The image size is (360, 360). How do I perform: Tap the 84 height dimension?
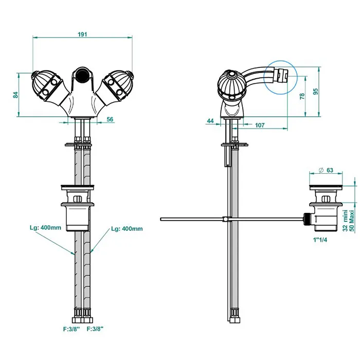(16, 95)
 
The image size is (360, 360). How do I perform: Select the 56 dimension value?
(110, 119)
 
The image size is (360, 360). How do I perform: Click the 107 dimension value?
(259, 125)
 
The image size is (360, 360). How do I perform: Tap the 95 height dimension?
(315, 92)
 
